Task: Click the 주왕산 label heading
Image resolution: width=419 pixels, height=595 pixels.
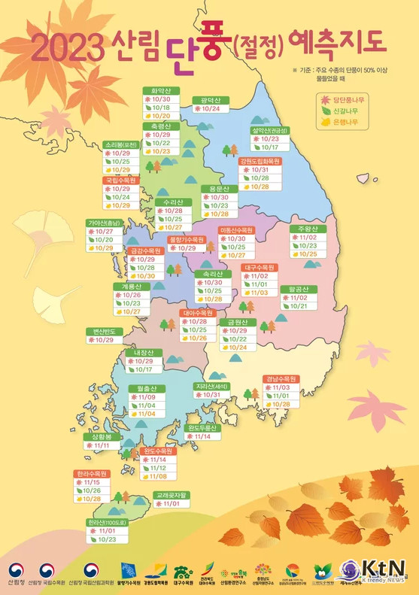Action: coord(308,228)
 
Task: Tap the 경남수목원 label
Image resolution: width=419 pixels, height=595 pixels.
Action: coord(280,378)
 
